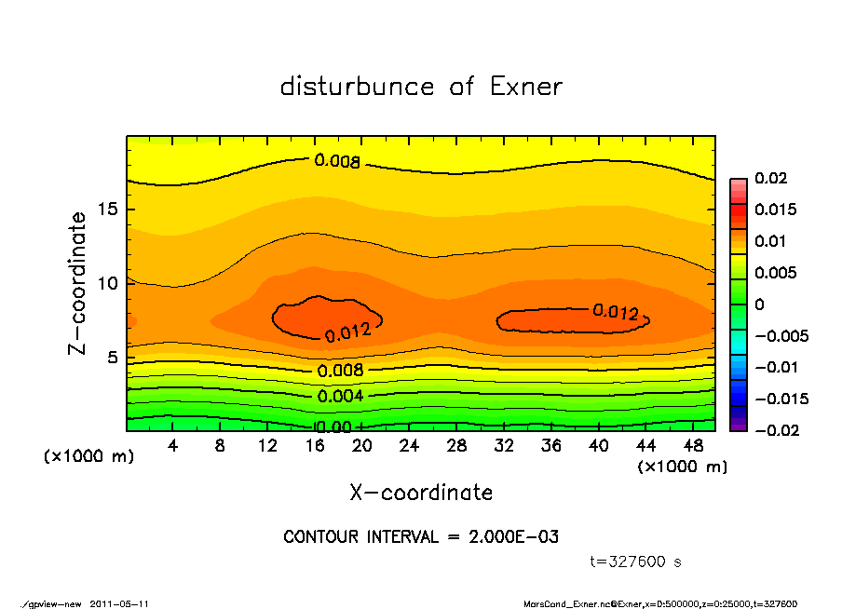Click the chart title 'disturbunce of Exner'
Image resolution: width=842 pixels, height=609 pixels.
421,87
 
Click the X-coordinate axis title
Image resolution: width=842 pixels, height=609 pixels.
421,492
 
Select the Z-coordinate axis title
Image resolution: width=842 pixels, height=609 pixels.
78,282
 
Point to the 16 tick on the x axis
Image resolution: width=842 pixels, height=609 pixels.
315,446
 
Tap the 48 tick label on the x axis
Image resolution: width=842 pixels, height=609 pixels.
693,446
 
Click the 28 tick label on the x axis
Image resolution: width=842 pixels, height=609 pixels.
456,446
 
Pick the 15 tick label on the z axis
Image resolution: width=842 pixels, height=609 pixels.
106,209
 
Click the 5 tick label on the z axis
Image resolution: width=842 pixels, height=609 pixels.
112,357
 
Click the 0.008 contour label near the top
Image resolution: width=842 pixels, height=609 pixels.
337,161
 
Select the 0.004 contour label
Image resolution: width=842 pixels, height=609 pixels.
341,396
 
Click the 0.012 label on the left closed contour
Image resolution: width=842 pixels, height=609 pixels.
348,330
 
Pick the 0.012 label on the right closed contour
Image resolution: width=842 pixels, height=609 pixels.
616,312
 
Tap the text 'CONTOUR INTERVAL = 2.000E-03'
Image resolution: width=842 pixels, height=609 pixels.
421,536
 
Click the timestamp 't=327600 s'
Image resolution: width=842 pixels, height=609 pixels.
636,562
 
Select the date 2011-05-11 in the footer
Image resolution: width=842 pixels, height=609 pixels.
119,604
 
